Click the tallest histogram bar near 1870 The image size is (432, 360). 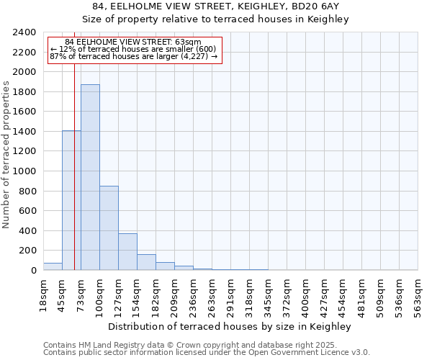point(90,177)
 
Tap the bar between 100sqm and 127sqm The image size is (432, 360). point(109,228)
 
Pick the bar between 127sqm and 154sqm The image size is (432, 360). point(127,251)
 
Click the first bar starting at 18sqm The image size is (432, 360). point(53,266)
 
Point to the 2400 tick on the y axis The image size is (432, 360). point(25,33)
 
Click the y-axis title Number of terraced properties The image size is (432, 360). point(6,155)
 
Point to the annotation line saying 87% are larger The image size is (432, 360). point(133,56)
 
